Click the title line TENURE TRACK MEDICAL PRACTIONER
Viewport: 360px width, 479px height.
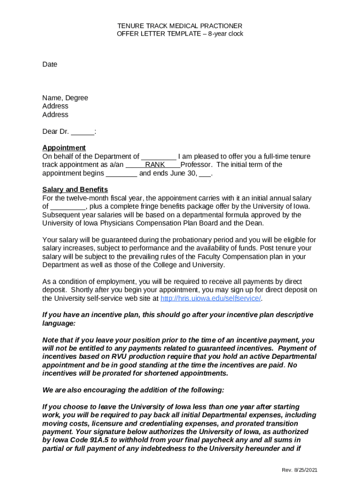(180, 26)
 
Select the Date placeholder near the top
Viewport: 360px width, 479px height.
(50, 64)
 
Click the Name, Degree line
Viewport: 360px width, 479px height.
(65, 98)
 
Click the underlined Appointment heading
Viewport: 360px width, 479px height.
(64, 148)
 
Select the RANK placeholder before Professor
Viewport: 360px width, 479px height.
(155, 165)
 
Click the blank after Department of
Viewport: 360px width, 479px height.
(158, 156)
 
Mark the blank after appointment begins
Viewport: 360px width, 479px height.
(122, 173)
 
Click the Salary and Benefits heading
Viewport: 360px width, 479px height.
(75, 189)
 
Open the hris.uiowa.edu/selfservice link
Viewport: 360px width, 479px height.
(210, 298)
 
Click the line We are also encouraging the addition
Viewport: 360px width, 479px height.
(133, 390)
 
